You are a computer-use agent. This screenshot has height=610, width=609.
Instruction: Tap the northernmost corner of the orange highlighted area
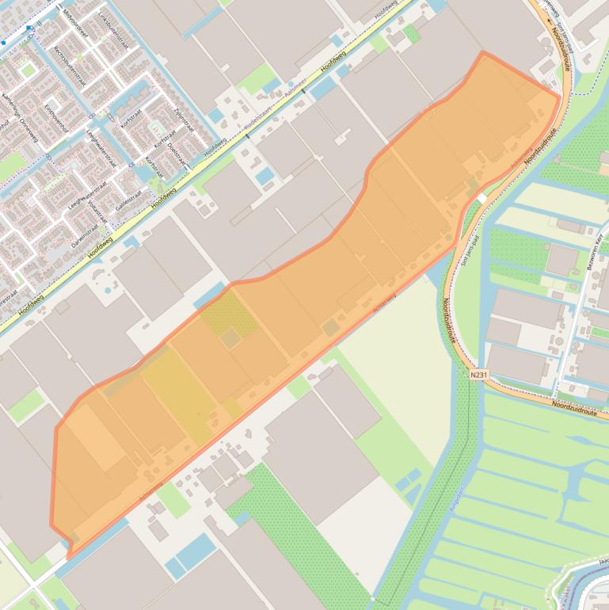[x=483, y=53]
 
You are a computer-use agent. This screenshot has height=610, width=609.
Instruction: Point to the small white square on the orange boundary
[x=481, y=196]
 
